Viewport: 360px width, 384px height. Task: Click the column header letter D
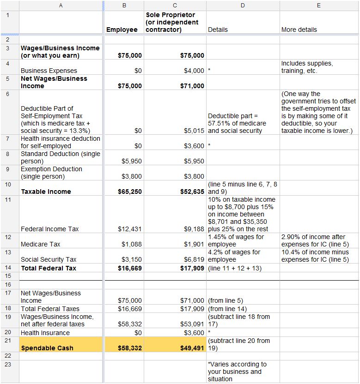point(243,5)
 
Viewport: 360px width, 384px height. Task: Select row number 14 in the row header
point(8,268)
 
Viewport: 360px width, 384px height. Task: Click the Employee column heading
point(122,30)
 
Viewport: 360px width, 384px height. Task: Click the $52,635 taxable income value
point(192,192)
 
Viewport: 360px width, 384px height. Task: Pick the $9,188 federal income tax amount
point(194,229)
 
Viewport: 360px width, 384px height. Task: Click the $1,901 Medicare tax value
point(194,244)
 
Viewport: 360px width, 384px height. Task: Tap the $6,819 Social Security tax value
point(194,259)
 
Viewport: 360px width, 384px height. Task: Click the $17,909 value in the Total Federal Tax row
point(192,268)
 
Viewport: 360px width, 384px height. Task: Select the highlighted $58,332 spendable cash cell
point(130,348)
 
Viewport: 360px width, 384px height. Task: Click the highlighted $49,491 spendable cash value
point(192,348)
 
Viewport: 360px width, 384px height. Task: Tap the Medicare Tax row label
point(41,244)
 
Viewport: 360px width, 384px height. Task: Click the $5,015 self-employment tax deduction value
point(194,131)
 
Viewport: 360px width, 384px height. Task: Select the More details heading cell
point(299,30)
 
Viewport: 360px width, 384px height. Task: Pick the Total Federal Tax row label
point(49,268)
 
